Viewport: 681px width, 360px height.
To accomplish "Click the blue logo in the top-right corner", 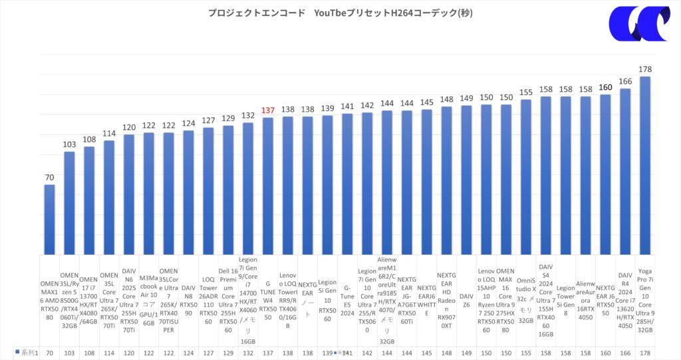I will click(639, 24).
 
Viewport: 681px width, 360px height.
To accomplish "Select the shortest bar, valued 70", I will click(49, 219).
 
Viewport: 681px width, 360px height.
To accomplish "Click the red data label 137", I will click(268, 110).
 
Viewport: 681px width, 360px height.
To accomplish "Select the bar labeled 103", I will click(69, 203).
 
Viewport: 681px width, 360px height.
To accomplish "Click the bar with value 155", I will click(525, 176).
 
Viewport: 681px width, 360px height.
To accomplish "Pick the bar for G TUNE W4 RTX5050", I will click(268, 186).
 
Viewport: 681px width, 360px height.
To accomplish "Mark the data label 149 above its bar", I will click(466, 99).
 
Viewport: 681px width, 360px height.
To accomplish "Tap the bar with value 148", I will click(446, 180).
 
